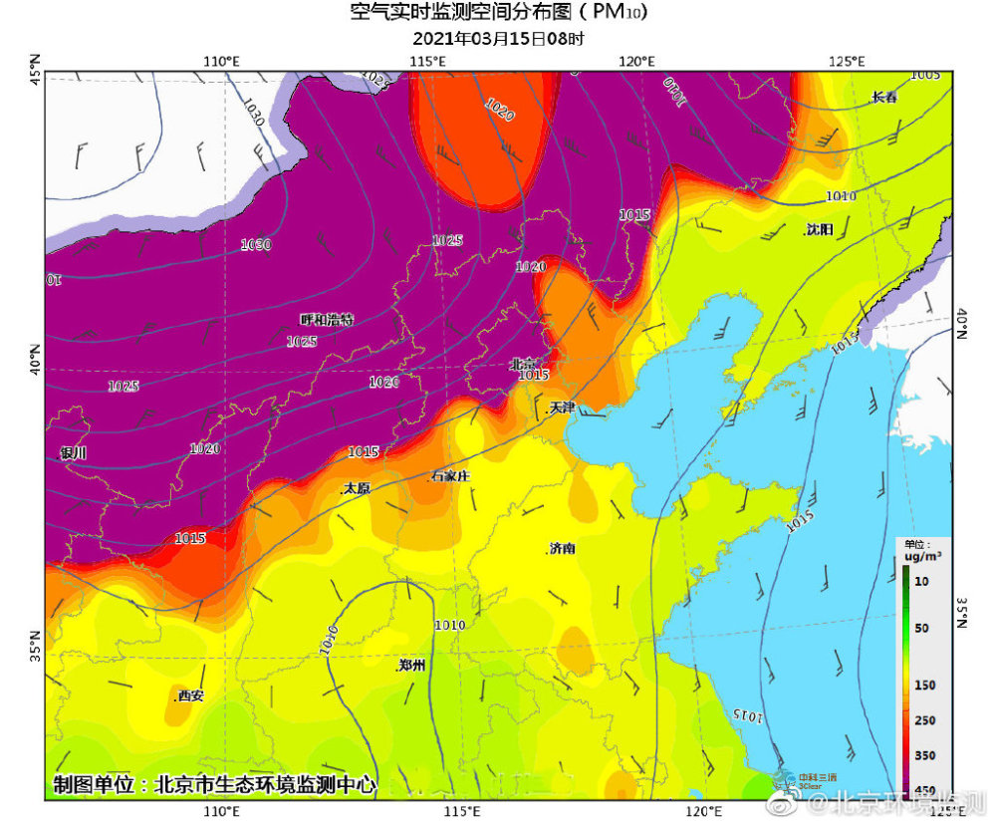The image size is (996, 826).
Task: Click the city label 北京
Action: point(523,365)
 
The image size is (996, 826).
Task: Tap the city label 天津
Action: point(562,409)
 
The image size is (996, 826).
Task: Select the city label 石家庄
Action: point(450,476)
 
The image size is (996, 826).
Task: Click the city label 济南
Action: point(562,549)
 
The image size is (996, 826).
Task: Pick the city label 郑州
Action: point(411,666)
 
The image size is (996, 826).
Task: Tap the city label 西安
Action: point(189,695)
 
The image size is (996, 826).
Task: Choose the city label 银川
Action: point(74,453)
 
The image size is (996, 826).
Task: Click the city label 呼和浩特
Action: point(327,320)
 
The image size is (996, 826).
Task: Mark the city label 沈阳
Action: point(818,229)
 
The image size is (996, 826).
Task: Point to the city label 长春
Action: point(883,98)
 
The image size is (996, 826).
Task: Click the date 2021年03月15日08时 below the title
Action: point(498,40)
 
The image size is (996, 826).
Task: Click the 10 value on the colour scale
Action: point(921,581)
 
